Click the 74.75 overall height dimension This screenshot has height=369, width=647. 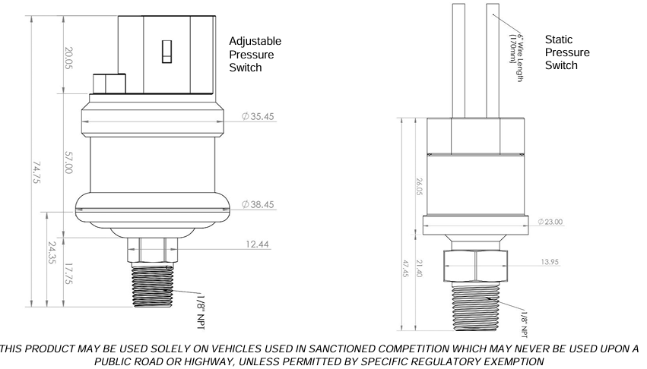[36, 172]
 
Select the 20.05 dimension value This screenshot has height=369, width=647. [68, 58]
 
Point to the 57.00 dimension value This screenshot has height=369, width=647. [68, 162]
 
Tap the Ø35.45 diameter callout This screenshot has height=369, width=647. [258, 117]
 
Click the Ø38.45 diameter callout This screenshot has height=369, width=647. [258, 204]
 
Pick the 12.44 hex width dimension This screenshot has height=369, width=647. [258, 244]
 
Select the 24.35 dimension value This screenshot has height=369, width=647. [52, 253]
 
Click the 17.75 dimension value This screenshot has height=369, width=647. [69, 274]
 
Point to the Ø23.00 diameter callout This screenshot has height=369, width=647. [550, 222]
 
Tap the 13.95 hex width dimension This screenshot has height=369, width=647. [550, 262]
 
